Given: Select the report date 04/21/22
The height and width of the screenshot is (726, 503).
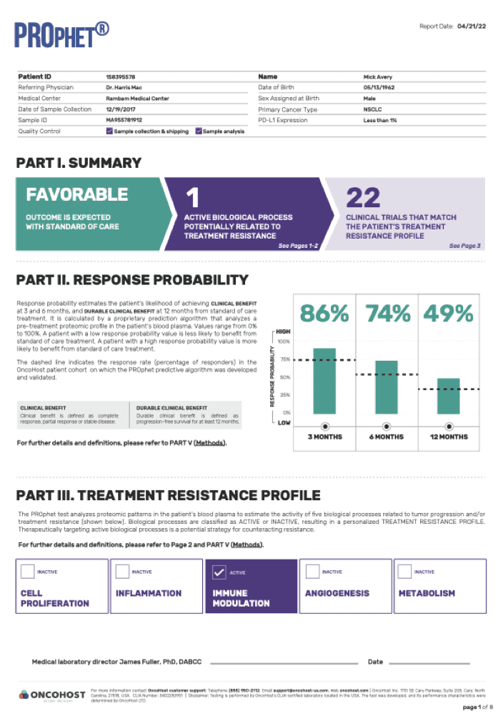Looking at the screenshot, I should (x=472, y=26).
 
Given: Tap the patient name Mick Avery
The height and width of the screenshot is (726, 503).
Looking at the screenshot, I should (x=377, y=76).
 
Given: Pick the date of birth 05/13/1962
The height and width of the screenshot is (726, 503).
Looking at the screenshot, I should (x=379, y=87).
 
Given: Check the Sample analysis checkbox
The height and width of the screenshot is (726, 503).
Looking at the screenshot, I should (x=199, y=131).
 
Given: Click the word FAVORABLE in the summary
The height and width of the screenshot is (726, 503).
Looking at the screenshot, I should (x=77, y=195).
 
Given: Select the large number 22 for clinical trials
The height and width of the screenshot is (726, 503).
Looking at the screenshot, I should (x=363, y=197).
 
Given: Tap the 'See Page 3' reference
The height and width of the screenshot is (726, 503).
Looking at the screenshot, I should (x=464, y=246).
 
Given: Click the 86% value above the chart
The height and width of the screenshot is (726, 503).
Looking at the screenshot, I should (x=324, y=314).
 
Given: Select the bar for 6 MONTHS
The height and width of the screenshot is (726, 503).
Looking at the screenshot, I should (x=387, y=387).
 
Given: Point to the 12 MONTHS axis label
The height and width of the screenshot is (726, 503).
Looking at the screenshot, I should (x=448, y=437).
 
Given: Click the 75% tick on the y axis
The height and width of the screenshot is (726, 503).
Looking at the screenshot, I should (x=286, y=360).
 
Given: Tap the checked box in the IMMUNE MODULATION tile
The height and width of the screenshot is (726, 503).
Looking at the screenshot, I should (x=219, y=572).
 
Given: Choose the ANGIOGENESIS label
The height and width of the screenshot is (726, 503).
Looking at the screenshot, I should (x=337, y=593).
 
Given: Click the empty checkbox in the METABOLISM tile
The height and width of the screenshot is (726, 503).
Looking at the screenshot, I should (x=405, y=572).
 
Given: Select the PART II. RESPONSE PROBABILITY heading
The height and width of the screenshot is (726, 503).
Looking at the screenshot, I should (x=132, y=280).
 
